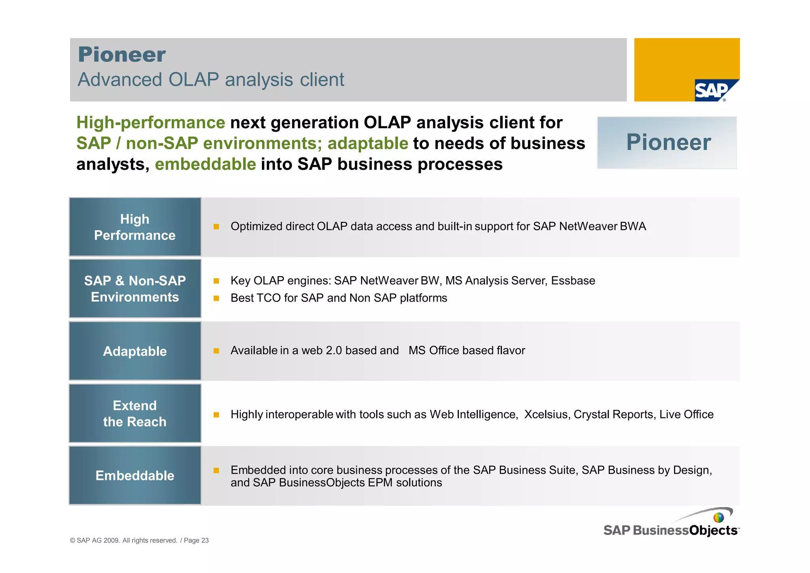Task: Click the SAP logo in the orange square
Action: (x=713, y=91)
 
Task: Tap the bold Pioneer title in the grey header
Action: (x=122, y=55)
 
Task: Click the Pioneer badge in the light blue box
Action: (x=668, y=142)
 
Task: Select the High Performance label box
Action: (x=135, y=227)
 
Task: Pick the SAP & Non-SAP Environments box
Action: (x=135, y=289)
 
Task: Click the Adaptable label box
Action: (x=135, y=351)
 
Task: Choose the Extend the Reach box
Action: (x=135, y=414)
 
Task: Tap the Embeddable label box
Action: (x=135, y=475)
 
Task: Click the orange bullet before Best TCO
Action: (x=216, y=298)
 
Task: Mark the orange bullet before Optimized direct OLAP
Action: (x=216, y=227)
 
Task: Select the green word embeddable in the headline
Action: (x=205, y=164)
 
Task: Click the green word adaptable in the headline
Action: (x=367, y=143)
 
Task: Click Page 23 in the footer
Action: (x=196, y=541)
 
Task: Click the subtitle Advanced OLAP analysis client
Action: (x=211, y=80)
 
